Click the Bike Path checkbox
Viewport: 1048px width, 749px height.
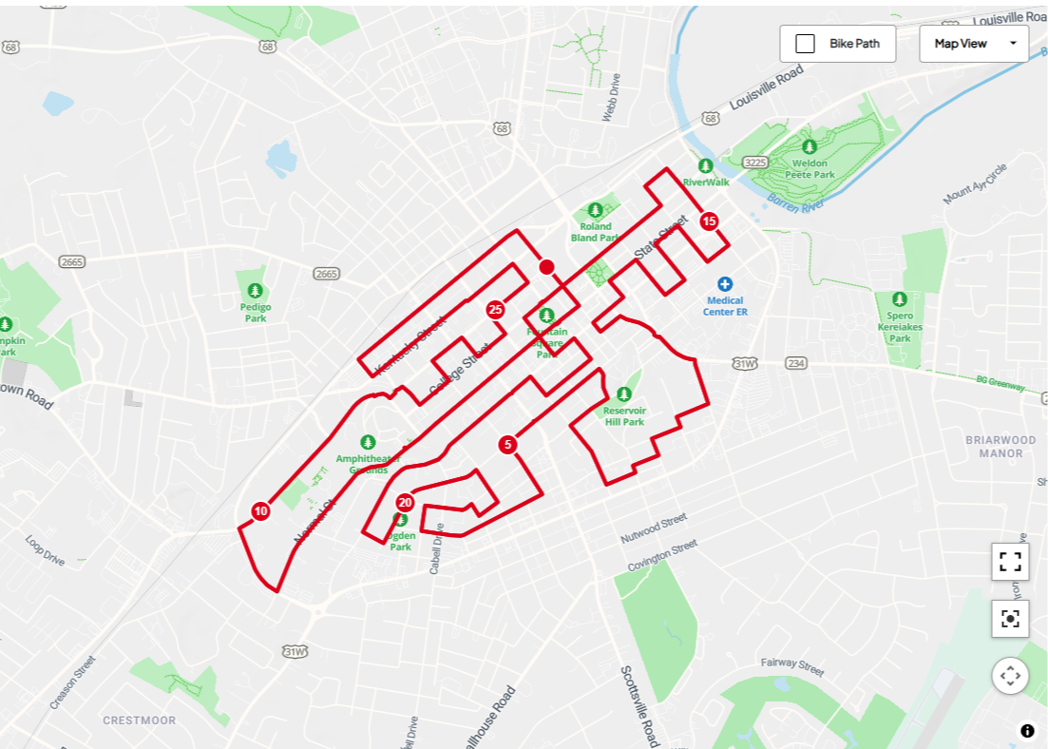[805, 44]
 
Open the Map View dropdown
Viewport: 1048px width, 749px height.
[973, 44]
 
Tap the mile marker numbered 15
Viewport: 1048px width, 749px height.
[709, 221]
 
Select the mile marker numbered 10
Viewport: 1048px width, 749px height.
[260, 511]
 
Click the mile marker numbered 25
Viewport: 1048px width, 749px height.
[495, 309]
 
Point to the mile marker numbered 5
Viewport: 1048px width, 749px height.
[507, 444]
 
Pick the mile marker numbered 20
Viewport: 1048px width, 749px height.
[405, 503]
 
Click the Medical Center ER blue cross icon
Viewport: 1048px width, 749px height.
[725, 284]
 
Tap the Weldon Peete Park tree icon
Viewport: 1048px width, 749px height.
[810, 146]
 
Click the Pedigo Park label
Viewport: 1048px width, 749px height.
[256, 313]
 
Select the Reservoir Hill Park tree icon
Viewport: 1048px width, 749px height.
[624, 394]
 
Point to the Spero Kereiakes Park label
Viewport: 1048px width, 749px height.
[900, 327]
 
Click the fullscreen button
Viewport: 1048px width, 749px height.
[1010, 562]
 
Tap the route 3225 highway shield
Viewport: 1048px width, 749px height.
[755, 163]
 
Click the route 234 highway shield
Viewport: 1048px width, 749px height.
[796, 363]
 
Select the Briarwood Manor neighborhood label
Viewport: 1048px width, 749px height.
[1000, 446]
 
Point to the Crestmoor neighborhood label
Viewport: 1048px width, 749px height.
[140, 720]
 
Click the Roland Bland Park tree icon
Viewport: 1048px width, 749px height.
[596, 209]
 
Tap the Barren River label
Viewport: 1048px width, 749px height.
[796, 203]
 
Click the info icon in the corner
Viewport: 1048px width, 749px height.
[1027, 731]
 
